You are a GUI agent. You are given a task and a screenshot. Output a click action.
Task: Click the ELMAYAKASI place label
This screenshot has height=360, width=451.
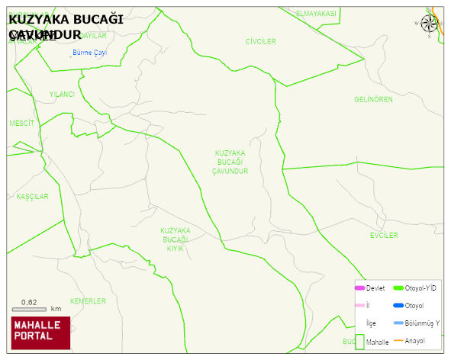pos(316,14)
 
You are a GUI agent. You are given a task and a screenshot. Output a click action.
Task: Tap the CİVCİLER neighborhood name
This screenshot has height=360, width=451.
pos(261,41)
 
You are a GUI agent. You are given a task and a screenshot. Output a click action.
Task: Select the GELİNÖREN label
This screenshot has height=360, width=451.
pos(373,100)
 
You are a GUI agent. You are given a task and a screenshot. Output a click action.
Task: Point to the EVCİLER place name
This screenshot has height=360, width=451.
pos(384,236)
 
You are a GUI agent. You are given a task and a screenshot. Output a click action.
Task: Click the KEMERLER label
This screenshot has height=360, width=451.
pos(88,301)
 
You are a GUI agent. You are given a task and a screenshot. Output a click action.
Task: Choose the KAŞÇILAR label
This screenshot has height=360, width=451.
pos(33,197)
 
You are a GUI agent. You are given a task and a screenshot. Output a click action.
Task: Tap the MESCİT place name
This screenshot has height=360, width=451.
pos(21,123)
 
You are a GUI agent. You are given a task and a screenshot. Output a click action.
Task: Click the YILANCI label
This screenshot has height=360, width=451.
pos(62,95)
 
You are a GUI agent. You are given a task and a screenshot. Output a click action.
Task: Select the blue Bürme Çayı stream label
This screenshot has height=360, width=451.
pos(89,53)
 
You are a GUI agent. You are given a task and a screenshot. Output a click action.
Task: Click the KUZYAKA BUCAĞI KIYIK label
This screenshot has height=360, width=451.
pos(176,239)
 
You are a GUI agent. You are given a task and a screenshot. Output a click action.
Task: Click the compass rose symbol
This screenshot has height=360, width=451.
pos(429,24)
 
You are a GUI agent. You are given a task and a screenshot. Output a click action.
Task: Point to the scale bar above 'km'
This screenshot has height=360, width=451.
pos(29,309)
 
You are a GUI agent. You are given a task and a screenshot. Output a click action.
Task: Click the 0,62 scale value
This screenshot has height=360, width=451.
pos(29,302)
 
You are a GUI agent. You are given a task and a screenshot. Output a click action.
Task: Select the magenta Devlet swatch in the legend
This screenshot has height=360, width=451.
pos(359,288)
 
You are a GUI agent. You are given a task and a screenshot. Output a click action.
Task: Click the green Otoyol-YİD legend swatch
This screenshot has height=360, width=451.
pos(398,288)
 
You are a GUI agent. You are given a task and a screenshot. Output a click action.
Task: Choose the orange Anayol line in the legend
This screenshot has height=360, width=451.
pos(398,340)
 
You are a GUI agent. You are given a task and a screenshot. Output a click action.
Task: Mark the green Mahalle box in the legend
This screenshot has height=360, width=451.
pos(359,341)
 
